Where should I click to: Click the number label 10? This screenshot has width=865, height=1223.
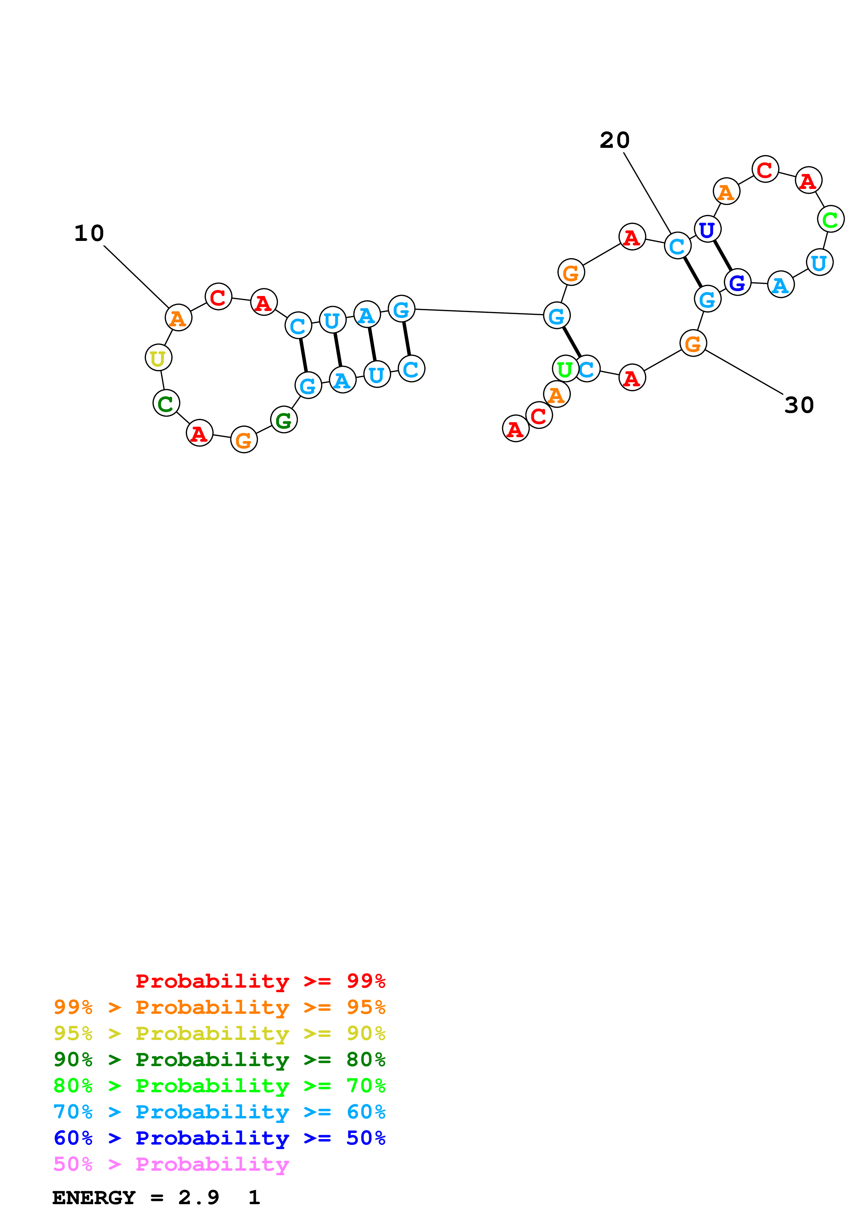pyautogui.click(x=89, y=233)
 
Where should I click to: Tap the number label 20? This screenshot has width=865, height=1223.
pyautogui.click(x=614, y=140)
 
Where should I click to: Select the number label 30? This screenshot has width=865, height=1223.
pyautogui.click(x=799, y=405)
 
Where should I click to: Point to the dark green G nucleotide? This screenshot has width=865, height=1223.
pyautogui.click(x=284, y=420)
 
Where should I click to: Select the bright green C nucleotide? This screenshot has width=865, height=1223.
pyautogui.click(x=830, y=219)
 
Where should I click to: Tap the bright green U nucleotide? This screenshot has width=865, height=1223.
pyautogui.click(x=565, y=369)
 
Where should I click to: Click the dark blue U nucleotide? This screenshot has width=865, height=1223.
pyautogui.click(x=708, y=230)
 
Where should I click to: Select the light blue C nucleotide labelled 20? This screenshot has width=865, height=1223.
pyautogui.click(x=677, y=246)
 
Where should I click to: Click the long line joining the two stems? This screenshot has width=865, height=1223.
pyautogui.click(x=480, y=312)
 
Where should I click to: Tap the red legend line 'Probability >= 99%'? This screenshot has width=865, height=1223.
pyautogui.click(x=260, y=981)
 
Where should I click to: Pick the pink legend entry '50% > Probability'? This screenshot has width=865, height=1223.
pyautogui.click(x=171, y=1164)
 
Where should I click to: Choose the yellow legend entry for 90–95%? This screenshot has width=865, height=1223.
pyautogui.click(x=219, y=1033)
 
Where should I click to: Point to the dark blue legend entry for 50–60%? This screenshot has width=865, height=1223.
pyautogui.click(x=219, y=1138)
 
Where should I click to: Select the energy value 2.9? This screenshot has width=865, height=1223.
pyautogui.click(x=198, y=1198)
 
